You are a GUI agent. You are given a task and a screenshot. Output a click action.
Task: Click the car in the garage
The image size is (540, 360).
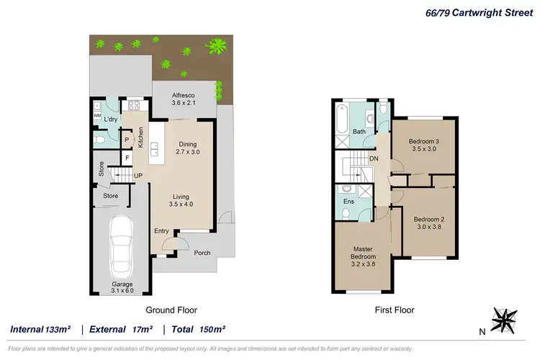coord(120,247)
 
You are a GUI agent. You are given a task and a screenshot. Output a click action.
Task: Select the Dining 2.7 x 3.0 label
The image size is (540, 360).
coord(187,148)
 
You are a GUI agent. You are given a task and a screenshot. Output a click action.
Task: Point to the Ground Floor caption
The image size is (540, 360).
coord(171,310)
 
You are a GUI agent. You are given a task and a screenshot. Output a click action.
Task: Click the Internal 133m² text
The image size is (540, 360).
coord(40,330)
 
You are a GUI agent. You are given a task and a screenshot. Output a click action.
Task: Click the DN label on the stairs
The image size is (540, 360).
coord(374,158)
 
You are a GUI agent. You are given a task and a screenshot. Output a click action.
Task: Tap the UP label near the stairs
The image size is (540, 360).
coord(138,176)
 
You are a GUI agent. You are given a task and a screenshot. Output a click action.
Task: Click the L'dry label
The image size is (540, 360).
coord(111,120)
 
